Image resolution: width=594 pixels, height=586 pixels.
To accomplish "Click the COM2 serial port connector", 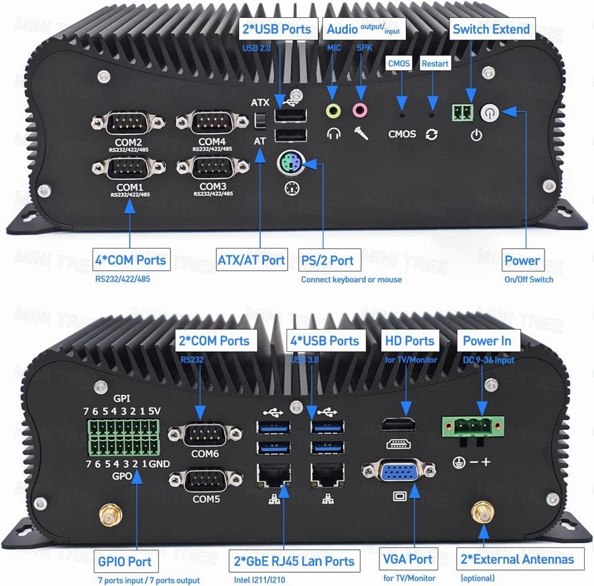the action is [x=128, y=123].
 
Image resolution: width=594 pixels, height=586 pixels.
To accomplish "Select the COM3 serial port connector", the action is [x=213, y=167].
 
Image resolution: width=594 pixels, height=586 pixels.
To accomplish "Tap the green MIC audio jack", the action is [x=333, y=111].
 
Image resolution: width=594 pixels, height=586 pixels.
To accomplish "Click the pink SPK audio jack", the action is [x=360, y=111].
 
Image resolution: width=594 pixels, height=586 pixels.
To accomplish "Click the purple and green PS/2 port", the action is [x=291, y=163].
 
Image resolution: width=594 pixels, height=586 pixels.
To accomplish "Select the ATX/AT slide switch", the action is [x=260, y=121].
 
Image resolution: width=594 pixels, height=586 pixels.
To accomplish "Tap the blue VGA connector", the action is [x=399, y=470].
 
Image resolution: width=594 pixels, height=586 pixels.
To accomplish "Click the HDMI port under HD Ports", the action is [x=398, y=425].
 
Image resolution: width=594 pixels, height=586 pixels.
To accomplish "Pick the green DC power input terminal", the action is [x=473, y=427].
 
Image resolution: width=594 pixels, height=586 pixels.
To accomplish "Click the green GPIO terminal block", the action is [x=123, y=437].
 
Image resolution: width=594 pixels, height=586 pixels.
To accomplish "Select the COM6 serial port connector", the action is [x=205, y=434].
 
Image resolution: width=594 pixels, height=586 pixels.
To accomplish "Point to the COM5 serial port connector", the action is [x=206, y=480].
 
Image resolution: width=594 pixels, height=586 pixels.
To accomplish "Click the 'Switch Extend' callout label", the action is [x=492, y=29].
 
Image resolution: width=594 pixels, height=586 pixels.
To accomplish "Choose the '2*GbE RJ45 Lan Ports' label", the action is [x=294, y=561].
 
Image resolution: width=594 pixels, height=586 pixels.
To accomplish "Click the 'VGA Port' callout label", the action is [x=408, y=559].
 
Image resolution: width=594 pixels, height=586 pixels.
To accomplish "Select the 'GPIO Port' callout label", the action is [x=125, y=562].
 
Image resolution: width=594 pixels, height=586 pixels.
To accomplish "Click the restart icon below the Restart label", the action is [x=432, y=134].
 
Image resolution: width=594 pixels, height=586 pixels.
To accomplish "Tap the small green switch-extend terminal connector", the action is [x=463, y=112].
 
